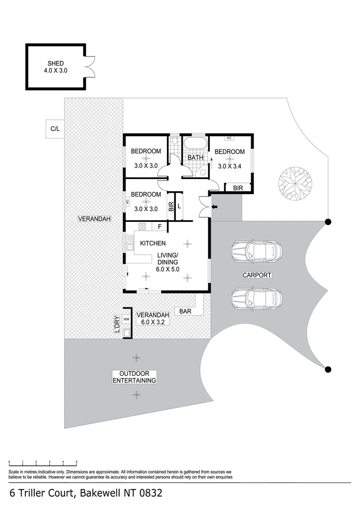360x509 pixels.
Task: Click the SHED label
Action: [x=56, y=63]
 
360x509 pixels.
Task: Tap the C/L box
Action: [x=55, y=129]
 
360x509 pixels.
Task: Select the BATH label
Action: [x=196, y=157]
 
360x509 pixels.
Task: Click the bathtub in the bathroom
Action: [x=196, y=143]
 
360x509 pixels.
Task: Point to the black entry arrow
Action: [x=214, y=207]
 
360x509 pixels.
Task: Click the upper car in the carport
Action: [x=256, y=251]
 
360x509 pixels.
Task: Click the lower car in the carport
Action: [x=256, y=298]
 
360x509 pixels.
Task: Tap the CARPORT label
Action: [x=257, y=275]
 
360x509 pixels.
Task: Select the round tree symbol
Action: [x=295, y=182]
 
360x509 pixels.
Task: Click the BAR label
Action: [x=185, y=312]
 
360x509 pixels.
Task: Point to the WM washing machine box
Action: [x=126, y=320]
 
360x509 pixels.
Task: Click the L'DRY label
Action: [x=117, y=324]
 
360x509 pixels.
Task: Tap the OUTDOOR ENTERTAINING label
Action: [x=134, y=377]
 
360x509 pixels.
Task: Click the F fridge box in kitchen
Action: [x=159, y=227]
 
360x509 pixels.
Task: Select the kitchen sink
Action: [x=130, y=243]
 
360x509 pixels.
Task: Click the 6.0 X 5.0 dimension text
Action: [x=167, y=269]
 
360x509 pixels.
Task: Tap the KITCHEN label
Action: [x=153, y=243]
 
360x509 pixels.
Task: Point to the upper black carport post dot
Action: [x=328, y=222]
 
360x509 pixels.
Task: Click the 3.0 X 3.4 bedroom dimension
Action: [x=229, y=166]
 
